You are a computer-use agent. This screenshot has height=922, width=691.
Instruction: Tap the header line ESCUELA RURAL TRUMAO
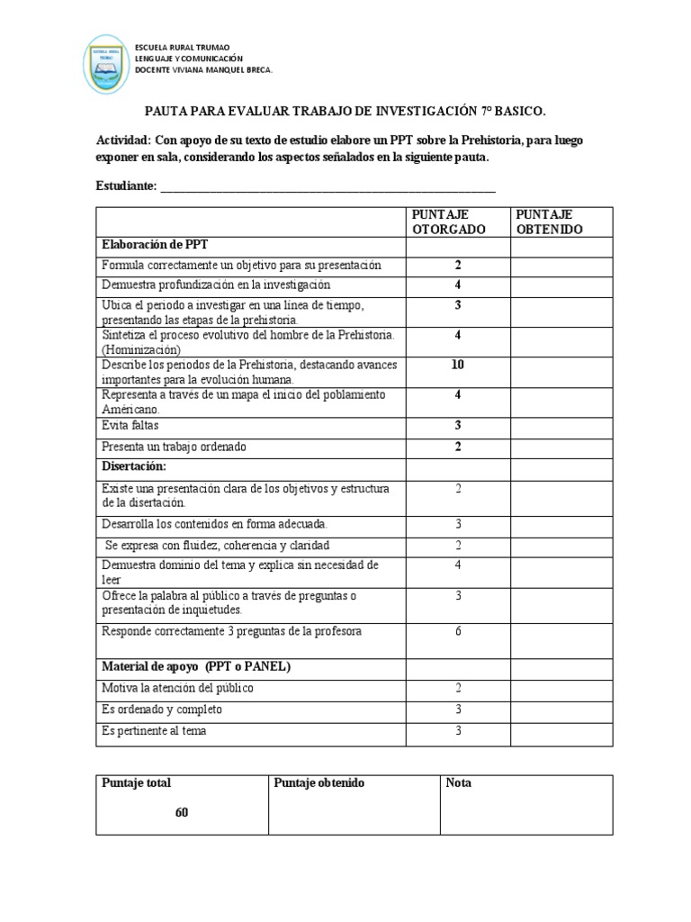click(x=182, y=47)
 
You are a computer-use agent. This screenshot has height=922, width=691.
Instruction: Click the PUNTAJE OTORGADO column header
click(x=448, y=221)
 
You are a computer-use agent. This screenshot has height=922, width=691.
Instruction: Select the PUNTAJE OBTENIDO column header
click(x=550, y=221)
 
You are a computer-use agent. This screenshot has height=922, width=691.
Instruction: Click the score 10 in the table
click(x=458, y=365)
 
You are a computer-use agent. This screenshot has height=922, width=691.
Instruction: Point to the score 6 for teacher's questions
click(x=458, y=631)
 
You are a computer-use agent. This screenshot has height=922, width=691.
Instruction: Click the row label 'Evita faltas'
click(x=130, y=425)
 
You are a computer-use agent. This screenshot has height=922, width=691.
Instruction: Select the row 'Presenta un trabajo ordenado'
click(x=175, y=447)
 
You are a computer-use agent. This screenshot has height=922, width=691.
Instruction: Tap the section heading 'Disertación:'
click(x=134, y=466)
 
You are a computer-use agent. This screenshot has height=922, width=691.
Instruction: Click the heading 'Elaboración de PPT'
click(x=155, y=244)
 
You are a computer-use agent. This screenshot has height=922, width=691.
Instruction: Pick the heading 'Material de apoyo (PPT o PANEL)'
click(x=196, y=666)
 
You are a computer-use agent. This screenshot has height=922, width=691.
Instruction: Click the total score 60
click(x=182, y=812)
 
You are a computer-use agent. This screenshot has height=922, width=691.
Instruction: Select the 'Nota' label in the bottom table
click(x=459, y=783)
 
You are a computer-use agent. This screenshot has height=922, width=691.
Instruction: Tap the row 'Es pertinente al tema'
click(x=154, y=731)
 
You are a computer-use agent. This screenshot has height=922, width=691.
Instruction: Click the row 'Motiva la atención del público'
click(x=177, y=688)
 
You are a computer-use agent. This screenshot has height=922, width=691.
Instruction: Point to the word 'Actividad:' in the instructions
click(x=123, y=140)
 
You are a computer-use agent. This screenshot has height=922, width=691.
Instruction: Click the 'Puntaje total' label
click(x=137, y=783)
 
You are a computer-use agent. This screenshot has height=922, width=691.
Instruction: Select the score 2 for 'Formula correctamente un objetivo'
click(x=458, y=265)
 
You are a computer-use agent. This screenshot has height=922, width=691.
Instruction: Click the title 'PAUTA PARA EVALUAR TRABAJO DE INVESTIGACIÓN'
click(x=345, y=111)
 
